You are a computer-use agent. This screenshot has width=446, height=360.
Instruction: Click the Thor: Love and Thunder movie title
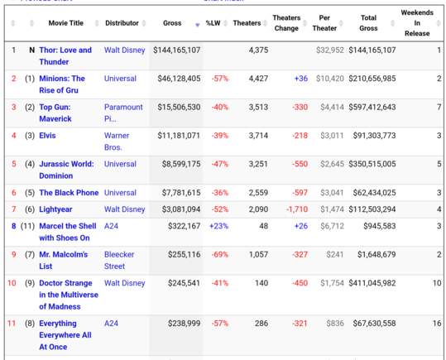coord(65,55)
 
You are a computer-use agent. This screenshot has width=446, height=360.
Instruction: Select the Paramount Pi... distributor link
coord(123,113)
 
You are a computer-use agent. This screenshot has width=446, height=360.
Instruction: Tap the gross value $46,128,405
coord(179,79)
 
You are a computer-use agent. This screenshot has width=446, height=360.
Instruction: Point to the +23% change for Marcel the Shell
coord(218,226)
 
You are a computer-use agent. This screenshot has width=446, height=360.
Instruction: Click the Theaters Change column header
coord(286,23)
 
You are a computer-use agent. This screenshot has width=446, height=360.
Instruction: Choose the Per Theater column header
coord(324,23)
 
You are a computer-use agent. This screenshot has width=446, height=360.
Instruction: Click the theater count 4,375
coord(258,50)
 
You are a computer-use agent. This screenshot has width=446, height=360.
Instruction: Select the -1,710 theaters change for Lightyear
coord(297,209)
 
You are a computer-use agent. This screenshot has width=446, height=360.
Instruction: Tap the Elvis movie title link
coord(47,136)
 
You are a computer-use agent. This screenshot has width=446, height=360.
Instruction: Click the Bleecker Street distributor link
coord(119,261)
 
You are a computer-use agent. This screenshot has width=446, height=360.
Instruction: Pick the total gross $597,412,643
coord(372,107)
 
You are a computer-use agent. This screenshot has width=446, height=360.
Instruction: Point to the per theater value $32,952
coord(330,50)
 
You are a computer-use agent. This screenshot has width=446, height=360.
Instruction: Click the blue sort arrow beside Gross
coord(198,26)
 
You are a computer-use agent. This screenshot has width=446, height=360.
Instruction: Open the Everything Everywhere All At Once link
coord(65,335)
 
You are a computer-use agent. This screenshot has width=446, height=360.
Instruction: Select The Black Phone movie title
coord(69,193)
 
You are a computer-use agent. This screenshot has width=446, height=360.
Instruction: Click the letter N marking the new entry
coord(31,50)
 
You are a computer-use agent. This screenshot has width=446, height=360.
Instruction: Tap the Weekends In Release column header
coord(417,23)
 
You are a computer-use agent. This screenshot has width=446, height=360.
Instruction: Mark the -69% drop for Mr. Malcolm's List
coord(220,255)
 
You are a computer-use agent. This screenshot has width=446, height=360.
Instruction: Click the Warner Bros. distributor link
coord(117,142)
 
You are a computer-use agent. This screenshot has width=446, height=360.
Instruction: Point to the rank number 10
coord(12,283)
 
